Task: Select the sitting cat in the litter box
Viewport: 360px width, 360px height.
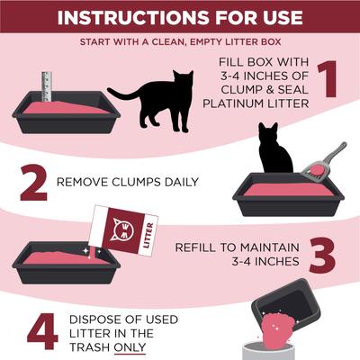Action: pyautogui.click(x=274, y=150)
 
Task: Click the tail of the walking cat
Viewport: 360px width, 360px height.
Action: pyautogui.click(x=118, y=93)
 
